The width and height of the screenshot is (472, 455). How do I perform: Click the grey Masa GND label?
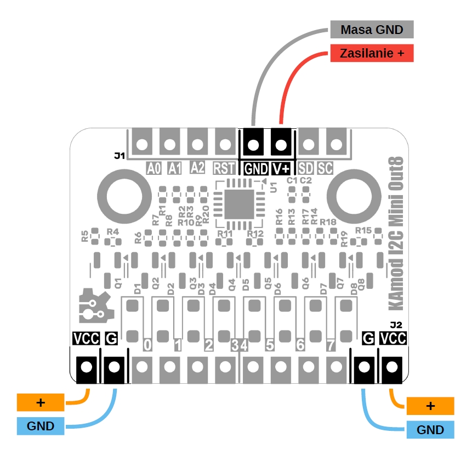[371, 29]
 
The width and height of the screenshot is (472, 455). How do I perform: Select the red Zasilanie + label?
[371, 54]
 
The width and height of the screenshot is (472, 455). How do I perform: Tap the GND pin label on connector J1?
[256, 169]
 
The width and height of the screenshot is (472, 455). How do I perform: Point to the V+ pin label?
[281, 169]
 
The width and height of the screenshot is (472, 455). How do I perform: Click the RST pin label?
[224, 168]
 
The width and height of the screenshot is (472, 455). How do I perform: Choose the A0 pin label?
[154, 168]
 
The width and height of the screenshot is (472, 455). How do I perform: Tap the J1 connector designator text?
[120, 156]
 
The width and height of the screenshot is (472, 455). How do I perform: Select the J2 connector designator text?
[396, 325]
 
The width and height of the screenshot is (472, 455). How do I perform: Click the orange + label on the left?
[41, 403]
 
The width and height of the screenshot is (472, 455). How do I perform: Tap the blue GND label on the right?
[430, 430]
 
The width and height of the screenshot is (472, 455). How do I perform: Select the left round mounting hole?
[122, 196]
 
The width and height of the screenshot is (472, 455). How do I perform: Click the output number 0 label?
[147, 345]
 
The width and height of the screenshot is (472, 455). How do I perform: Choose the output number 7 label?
[330, 345]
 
